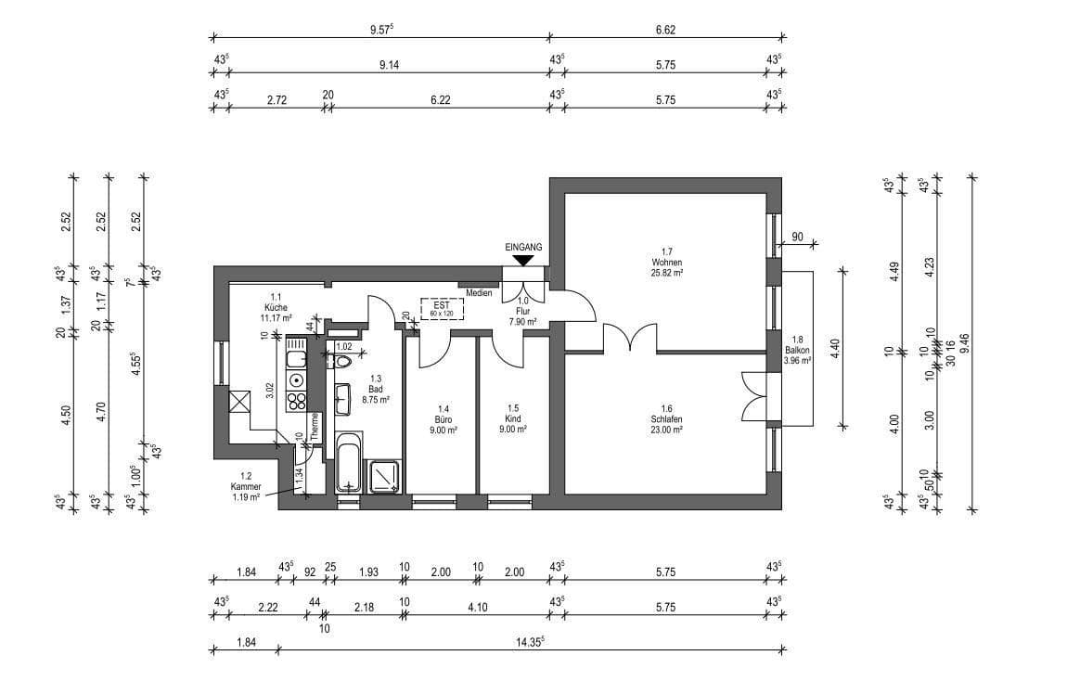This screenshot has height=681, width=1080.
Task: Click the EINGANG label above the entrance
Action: click(x=523, y=247)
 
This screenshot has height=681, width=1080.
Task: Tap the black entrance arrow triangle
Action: click(x=523, y=261)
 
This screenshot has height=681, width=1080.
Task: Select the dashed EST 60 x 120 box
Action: click(x=442, y=309)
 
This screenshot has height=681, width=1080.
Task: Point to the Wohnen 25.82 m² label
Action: click(x=666, y=263)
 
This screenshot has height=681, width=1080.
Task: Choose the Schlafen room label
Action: click(x=666, y=419)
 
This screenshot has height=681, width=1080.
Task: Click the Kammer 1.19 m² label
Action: click(x=247, y=486)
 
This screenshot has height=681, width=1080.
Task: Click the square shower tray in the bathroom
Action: click(x=385, y=476)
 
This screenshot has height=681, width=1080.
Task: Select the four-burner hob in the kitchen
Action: click(x=297, y=401)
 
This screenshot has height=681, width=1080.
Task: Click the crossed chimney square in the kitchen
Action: click(x=238, y=401)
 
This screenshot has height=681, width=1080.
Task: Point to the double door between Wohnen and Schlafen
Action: click(x=630, y=339)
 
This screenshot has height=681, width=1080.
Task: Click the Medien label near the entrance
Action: click(x=479, y=293)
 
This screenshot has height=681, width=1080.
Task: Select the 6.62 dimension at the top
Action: click(x=665, y=30)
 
